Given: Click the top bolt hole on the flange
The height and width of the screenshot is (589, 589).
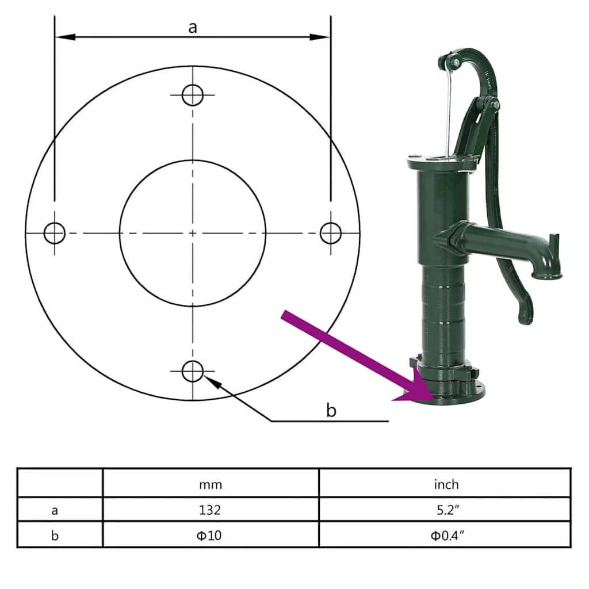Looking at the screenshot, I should [x=193, y=94].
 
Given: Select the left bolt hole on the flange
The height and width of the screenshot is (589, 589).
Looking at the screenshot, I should [x=55, y=233].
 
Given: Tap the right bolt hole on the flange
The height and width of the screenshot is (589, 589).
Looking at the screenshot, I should [x=331, y=233].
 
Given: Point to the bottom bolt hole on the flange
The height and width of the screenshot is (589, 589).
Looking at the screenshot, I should [x=193, y=372].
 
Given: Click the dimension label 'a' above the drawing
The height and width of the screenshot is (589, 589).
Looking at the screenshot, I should [x=193, y=27].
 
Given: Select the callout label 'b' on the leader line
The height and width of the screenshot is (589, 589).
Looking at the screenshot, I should [x=331, y=410].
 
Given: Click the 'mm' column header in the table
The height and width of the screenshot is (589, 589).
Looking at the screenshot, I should [x=211, y=484].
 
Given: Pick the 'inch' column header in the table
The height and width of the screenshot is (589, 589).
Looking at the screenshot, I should [x=446, y=484].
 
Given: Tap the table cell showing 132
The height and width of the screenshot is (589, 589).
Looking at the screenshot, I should [x=211, y=510].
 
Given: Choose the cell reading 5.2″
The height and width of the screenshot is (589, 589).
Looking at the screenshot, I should [x=446, y=510].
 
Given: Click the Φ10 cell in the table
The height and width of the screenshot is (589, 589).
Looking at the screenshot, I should [x=211, y=536].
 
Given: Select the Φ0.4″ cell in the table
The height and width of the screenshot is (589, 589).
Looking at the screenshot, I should [x=446, y=536].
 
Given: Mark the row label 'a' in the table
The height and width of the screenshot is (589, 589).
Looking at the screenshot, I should [x=55, y=510].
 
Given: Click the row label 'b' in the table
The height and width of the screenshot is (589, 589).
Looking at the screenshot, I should [x=55, y=536].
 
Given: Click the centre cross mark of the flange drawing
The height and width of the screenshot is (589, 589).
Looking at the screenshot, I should [x=193, y=233].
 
